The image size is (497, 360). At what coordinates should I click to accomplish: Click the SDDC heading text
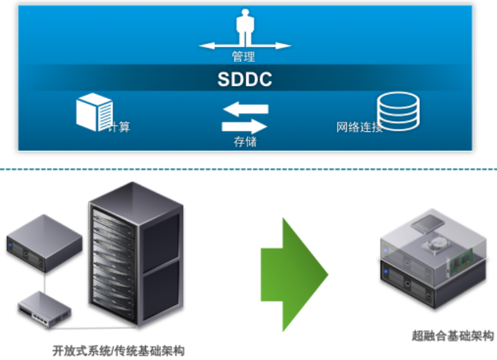244,79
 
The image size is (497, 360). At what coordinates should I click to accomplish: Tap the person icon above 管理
245,27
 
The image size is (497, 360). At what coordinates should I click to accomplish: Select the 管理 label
243,57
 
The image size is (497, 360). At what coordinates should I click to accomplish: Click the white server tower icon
94,112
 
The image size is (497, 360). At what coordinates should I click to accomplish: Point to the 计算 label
119,127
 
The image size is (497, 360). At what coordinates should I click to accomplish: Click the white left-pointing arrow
246,109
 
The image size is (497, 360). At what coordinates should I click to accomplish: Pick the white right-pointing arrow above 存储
244,126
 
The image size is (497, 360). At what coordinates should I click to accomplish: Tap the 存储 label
245,141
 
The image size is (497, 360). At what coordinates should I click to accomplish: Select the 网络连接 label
359,127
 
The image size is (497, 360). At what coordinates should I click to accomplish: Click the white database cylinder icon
398,112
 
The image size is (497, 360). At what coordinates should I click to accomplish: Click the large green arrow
294,275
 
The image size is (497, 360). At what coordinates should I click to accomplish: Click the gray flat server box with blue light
44,243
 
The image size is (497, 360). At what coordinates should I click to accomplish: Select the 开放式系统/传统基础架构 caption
119,351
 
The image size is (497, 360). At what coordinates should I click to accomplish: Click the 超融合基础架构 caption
453,335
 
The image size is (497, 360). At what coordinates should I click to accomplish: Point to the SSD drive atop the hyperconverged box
428,224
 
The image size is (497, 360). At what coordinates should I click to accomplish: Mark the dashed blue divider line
249,169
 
